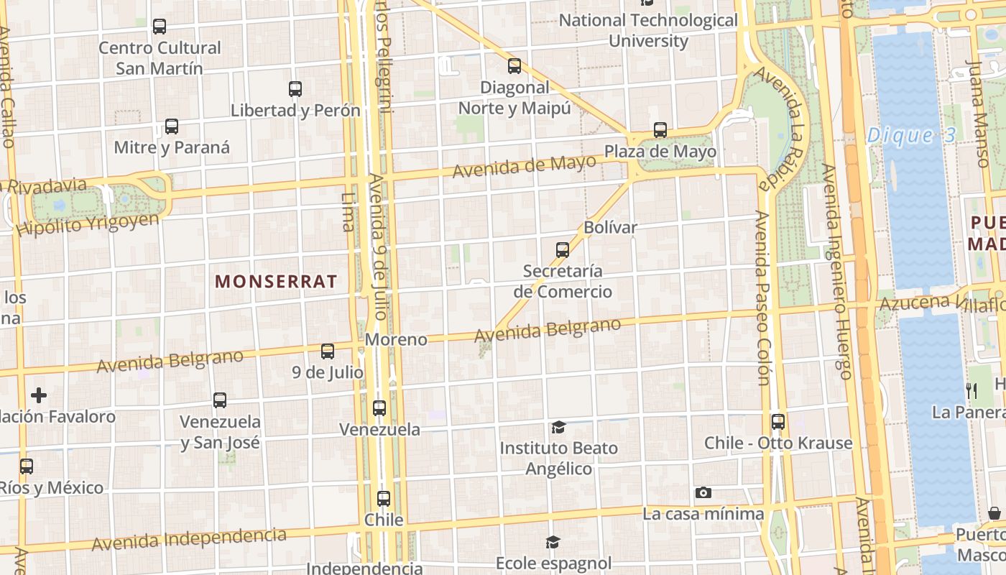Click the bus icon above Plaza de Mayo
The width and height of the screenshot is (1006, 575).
tap(660, 130)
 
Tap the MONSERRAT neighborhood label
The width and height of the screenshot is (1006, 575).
tap(276, 282)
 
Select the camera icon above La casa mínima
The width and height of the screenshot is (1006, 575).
tap(703, 492)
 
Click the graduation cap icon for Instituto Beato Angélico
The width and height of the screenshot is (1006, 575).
tap(558, 428)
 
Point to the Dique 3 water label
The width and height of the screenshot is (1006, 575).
tap(910, 135)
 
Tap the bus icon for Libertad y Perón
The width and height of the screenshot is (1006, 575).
tap(295, 89)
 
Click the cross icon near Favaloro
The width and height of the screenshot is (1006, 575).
tap(39, 395)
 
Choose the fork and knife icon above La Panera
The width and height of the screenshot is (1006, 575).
tap(972, 390)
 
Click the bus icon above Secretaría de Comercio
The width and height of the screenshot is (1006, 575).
tap(563, 250)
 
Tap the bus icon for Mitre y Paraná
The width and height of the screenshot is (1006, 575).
tap(172, 126)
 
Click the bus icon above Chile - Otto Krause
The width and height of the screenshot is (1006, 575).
tap(778, 422)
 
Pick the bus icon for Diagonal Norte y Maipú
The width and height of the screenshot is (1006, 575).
tap(514, 66)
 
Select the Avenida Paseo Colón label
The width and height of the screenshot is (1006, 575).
tap(762, 298)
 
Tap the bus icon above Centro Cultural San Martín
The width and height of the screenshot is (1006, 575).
tap(160, 27)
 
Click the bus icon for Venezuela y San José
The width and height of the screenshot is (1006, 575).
tap(220, 400)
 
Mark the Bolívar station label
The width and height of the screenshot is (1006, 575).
tap(611, 227)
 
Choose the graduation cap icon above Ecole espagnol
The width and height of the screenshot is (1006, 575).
tap(553, 542)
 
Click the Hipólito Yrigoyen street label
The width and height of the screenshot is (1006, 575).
tap(88, 224)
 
